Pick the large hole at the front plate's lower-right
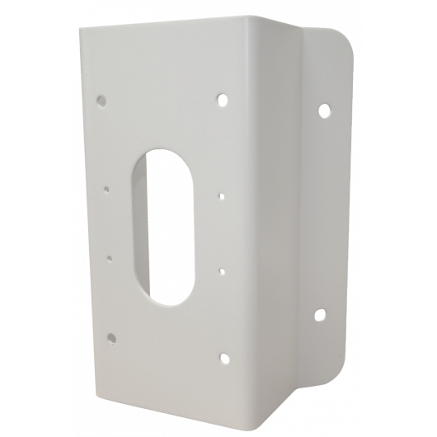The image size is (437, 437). (x=223, y=358)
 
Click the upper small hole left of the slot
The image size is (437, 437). (x=107, y=188)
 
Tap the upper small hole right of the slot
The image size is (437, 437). (x=221, y=196)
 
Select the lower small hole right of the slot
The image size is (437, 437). (x=222, y=268)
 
